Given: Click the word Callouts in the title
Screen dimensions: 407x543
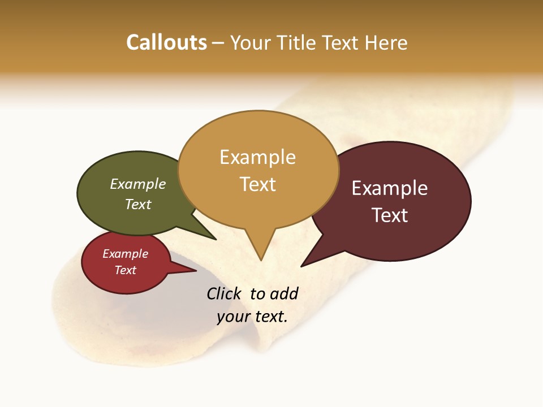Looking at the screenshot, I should (x=166, y=43).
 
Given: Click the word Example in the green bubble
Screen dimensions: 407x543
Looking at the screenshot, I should (x=138, y=184).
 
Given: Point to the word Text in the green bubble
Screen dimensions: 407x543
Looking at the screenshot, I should (x=138, y=204).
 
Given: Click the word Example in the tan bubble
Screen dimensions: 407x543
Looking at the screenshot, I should (x=257, y=157).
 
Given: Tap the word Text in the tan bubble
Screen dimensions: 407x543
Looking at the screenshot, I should (x=257, y=184).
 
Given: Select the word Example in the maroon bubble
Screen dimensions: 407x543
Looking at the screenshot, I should (x=390, y=188).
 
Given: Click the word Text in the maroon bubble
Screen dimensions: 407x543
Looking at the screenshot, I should (x=390, y=215).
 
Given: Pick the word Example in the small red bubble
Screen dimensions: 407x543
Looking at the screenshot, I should (x=125, y=254).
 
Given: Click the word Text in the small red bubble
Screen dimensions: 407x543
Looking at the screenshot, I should (x=125, y=270).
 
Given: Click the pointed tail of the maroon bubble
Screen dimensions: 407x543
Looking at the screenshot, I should (x=303, y=265).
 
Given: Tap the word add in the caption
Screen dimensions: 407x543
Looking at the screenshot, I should (x=283, y=293).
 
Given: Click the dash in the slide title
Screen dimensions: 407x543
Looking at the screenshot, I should (x=219, y=43).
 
